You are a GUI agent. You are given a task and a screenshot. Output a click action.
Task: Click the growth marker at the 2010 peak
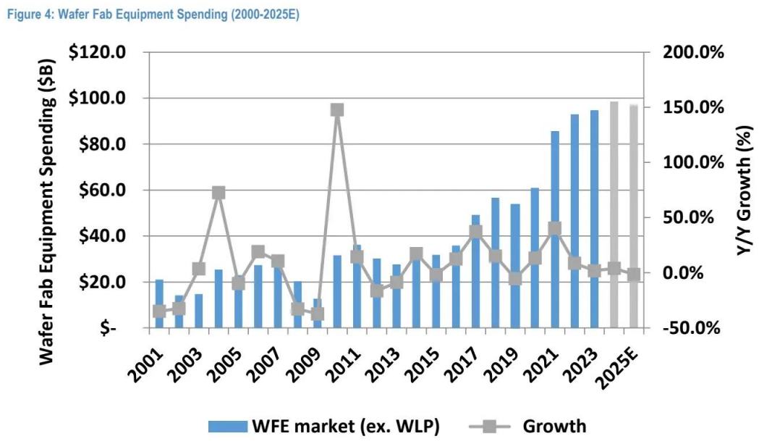(336, 110)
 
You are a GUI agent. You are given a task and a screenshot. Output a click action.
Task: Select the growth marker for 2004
(219, 193)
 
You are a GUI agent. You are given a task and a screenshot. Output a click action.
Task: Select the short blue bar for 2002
(179, 311)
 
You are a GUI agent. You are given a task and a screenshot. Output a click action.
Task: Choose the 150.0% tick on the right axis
(690, 107)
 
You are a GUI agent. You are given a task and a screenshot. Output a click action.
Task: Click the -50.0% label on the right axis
(690, 328)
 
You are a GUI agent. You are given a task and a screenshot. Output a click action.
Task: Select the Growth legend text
(554, 425)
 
